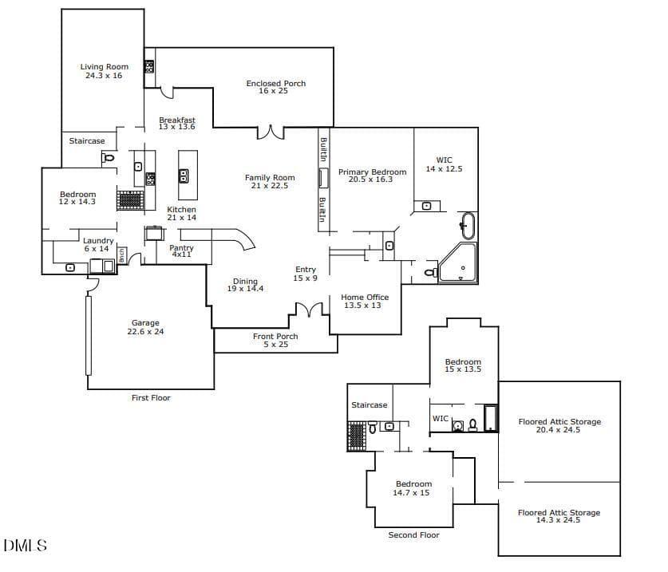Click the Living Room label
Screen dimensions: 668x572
[105, 67]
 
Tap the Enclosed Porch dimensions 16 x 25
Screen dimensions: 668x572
[273, 91]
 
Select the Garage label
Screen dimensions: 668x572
[145, 323]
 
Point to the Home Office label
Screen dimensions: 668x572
[365, 298]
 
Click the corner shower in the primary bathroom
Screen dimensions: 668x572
[458, 262]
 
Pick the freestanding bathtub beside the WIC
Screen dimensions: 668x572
[468, 226]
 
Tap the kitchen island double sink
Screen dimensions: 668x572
[184, 176]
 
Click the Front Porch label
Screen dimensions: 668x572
[275, 337]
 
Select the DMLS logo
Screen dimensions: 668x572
[25, 546]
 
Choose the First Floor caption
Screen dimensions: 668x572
[151, 398]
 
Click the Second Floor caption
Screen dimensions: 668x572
[413, 535]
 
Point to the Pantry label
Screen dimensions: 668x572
[181, 247]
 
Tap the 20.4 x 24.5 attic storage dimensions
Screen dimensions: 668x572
[558, 430]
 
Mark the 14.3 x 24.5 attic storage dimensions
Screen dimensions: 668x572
[558, 520]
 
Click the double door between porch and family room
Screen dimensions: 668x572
[271, 132]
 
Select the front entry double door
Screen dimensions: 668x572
[310, 310]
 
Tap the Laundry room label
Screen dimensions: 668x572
[98, 241]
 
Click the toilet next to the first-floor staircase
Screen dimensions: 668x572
[109, 158]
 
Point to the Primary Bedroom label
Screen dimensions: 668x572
[373, 172]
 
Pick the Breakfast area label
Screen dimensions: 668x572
[177, 120]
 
